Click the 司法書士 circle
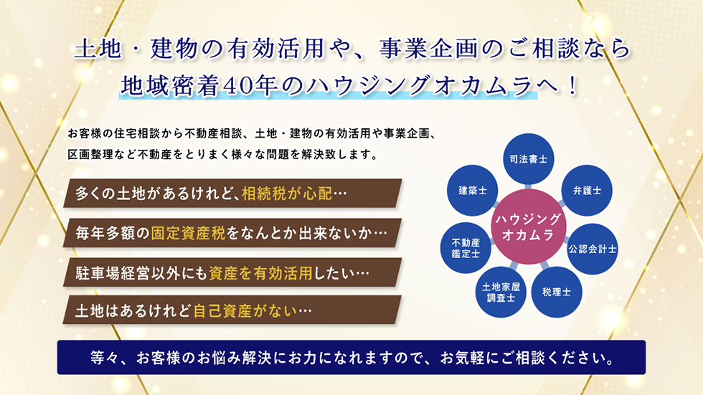[528, 159]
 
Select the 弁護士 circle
[587, 191]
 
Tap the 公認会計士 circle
[593, 249]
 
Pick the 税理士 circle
[557, 292]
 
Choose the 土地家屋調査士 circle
[501, 292]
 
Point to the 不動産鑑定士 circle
[466, 248]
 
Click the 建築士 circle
[473, 191]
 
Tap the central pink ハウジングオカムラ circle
[529, 227]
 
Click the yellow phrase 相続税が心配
[287, 194]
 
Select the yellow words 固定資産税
[188, 233]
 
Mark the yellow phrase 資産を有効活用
[260, 272]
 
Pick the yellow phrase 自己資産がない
[245, 311]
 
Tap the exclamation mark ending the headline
[572, 86]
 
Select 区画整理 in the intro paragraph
[90, 155]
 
